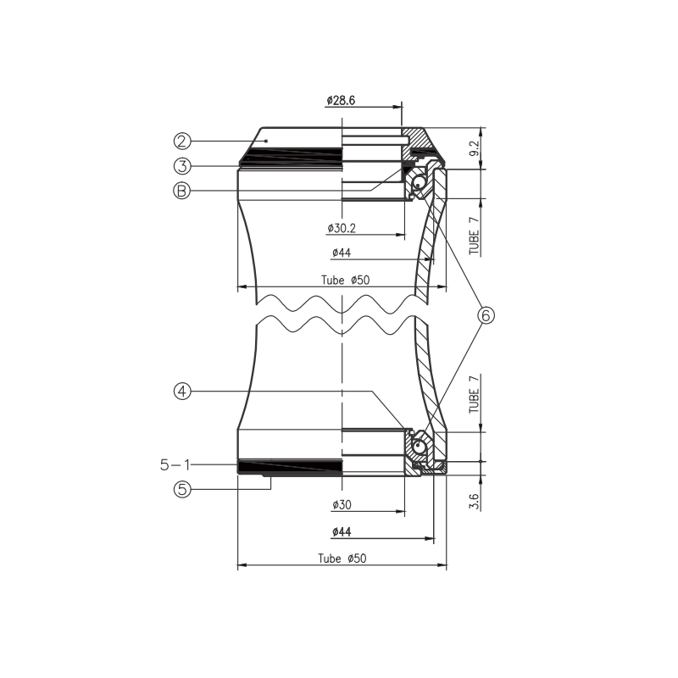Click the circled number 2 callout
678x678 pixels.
pyautogui.click(x=182, y=141)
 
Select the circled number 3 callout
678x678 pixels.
pyautogui.click(x=182, y=166)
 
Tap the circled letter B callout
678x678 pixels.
pyautogui.click(x=182, y=191)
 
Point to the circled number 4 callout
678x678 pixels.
pyautogui.click(x=182, y=392)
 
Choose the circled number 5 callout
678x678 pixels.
pyautogui.click(x=182, y=490)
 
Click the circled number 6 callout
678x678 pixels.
pyautogui.click(x=486, y=315)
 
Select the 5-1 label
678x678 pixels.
pyautogui.click(x=175, y=465)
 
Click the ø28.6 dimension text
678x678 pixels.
pyautogui.click(x=341, y=101)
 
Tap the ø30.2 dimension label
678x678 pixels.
pyautogui.click(x=342, y=228)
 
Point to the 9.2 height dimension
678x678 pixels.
pyautogui.click(x=475, y=148)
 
